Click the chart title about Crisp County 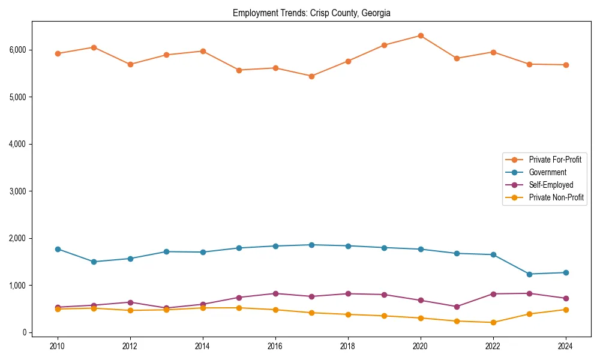tap(311, 13)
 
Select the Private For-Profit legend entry tap(555, 160)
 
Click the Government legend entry tap(547, 172)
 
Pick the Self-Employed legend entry tap(551, 185)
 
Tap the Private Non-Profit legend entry tap(556, 197)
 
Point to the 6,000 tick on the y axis tap(17, 50)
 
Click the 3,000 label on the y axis tap(17, 191)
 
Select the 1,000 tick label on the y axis tap(17, 286)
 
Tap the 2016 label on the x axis tap(275, 346)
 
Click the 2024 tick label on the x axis tap(565, 346)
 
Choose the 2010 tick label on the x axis tap(58, 346)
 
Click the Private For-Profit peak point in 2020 tap(421, 35)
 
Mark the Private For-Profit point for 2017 tap(311, 76)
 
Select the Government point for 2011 tap(94, 262)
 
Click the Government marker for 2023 tap(529, 274)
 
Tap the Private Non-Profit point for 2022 tap(493, 322)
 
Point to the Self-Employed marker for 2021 tap(457, 307)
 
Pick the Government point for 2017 tap(311, 245)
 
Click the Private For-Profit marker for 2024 tap(565, 65)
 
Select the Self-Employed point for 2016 tap(275, 293)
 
